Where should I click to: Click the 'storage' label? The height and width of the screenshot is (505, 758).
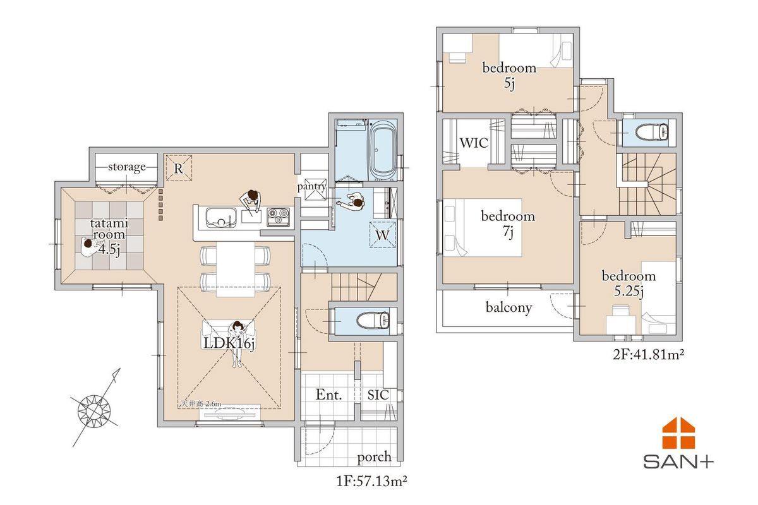click(127, 167)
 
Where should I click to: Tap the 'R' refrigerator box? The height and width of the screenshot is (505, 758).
click(178, 168)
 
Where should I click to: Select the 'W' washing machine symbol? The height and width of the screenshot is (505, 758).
click(383, 235)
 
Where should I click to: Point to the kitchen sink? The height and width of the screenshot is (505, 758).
click(221, 217)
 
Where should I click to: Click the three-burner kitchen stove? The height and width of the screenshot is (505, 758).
click(278, 217)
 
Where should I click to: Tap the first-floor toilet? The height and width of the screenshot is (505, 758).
click(373, 320)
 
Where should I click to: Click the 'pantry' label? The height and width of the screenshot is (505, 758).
click(311, 186)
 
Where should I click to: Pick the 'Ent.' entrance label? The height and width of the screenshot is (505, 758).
click(328, 395)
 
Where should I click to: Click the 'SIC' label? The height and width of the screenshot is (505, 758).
click(378, 395)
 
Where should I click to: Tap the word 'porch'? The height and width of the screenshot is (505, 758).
click(374, 458)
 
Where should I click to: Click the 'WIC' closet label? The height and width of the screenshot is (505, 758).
click(474, 143)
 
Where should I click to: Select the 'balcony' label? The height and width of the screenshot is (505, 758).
click(508, 307)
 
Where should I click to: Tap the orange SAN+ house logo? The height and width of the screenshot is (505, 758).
click(678, 434)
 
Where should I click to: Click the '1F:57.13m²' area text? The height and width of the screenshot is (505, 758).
click(371, 481)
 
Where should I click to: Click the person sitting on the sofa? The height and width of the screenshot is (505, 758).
click(238, 343)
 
